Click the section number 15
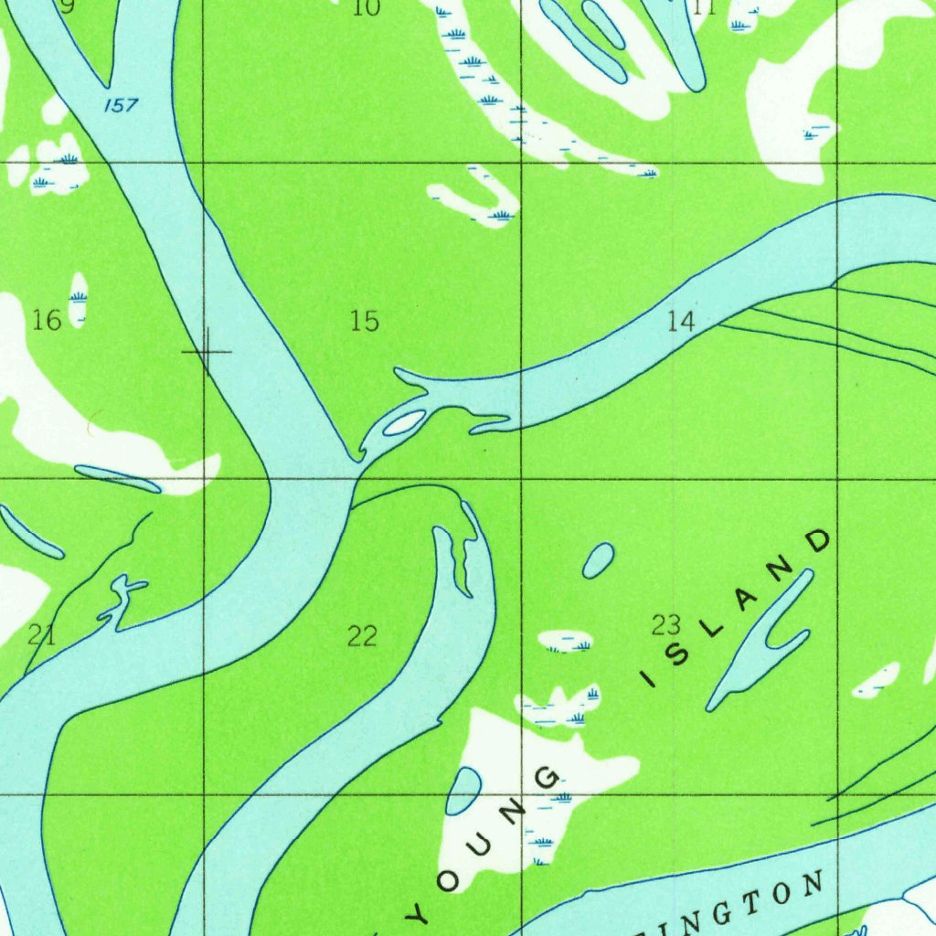point(364,321)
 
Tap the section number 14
point(682,321)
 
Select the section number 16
point(47,320)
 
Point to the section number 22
point(363,635)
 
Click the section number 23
point(666,625)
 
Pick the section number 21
point(41,635)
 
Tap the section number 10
point(366,8)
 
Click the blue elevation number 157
point(121,105)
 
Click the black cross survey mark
point(207,351)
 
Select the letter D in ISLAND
point(820,541)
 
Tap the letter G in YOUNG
point(548,779)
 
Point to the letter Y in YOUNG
point(417,915)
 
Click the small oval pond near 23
point(598,560)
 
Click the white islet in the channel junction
point(403,422)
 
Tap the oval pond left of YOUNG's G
point(463,791)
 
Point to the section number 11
point(704,8)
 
